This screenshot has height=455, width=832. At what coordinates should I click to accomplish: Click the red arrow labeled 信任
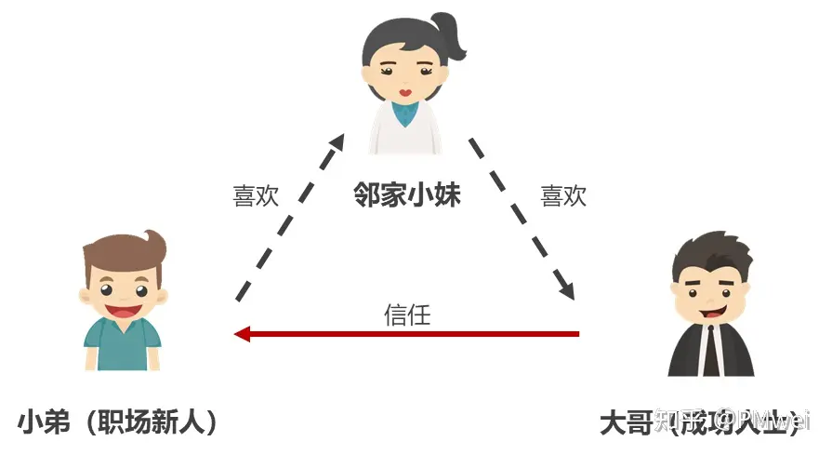[409, 333]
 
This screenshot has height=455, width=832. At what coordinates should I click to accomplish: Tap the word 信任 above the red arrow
[407, 314]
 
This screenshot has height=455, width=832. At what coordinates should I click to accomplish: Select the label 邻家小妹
[407, 195]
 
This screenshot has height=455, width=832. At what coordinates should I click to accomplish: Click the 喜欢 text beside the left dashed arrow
[256, 196]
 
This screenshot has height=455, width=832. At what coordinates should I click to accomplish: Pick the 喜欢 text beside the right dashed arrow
[564, 196]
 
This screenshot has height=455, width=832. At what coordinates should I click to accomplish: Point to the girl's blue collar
[405, 114]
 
